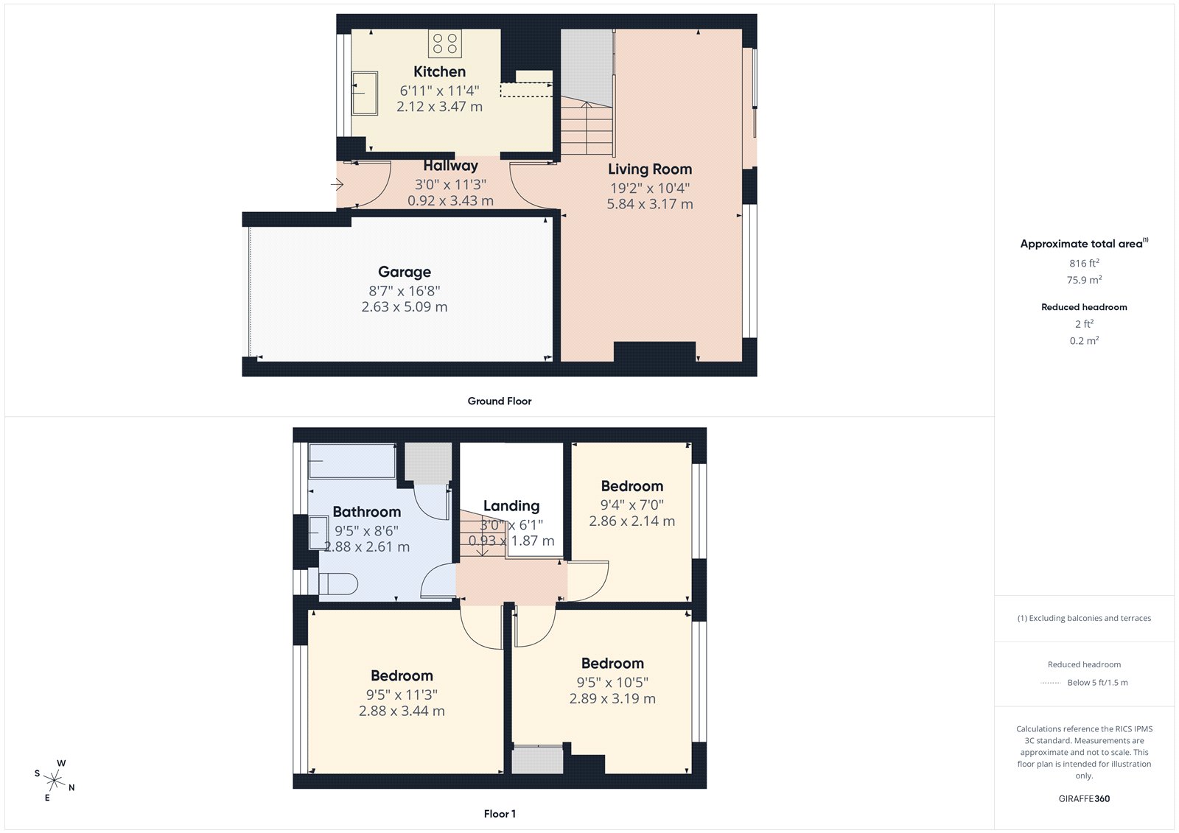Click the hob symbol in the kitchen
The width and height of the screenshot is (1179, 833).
pyautogui.click(x=444, y=43)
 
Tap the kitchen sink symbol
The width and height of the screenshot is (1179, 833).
pyautogui.click(x=365, y=93)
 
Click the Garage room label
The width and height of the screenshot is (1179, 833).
pyautogui.click(x=405, y=272)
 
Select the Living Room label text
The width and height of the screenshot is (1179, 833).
pyautogui.click(x=649, y=169)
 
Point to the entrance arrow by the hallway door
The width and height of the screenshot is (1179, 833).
pyautogui.click(x=337, y=184)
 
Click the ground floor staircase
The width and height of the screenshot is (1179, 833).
pyautogui.click(x=587, y=128)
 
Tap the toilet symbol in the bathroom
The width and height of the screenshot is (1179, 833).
pyautogui.click(x=338, y=584)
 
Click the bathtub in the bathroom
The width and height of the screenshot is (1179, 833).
pyautogui.click(x=351, y=461)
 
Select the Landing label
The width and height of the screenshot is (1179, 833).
pyautogui.click(x=511, y=506)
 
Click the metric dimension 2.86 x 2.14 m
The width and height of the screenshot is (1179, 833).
pyautogui.click(x=632, y=521)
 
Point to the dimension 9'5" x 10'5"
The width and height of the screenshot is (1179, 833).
pyautogui.click(x=612, y=683)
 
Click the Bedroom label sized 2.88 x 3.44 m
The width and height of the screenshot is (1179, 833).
pyautogui.click(x=402, y=676)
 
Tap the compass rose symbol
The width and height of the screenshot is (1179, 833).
pyautogui.click(x=55, y=779)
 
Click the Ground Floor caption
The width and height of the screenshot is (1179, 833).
pyautogui.click(x=499, y=401)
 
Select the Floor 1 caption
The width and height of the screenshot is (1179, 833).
pyautogui.click(x=500, y=814)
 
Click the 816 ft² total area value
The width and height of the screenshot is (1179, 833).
pyautogui.click(x=1084, y=264)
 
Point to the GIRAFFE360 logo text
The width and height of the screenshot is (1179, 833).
pyautogui.click(x=1084, y=798)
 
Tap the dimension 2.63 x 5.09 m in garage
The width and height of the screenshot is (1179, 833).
pyautogui.click(x=404, y=307)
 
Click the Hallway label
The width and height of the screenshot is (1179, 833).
pyautogui.click(x=450, y=166)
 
